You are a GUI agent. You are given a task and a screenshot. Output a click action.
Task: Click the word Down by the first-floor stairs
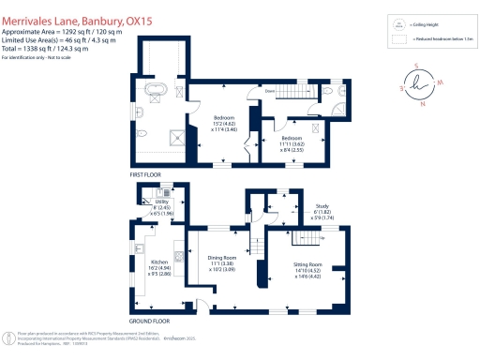pos(269,91)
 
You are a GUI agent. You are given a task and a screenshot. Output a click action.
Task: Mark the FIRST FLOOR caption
pos(148,175)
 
